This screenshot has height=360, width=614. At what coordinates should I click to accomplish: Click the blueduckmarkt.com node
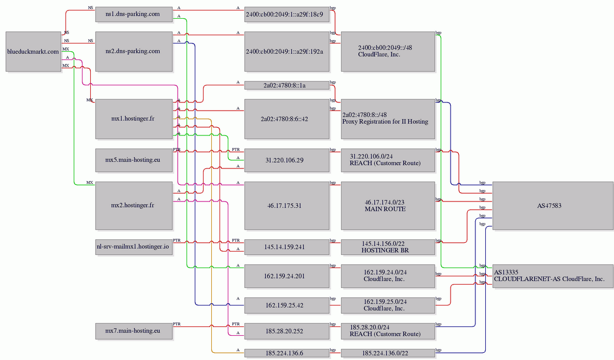pyautogui.click(x=33, y=52)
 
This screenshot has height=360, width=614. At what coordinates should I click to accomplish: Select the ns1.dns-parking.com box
pyautogui.click(x=134, y=14)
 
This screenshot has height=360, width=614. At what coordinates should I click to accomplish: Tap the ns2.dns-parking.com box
pyautogui.click(x=134, y=51)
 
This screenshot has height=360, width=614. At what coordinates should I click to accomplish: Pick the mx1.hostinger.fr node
pyautogui.click(x=134, y=119)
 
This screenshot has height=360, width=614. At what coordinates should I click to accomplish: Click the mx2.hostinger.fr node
pyautogui.click(x=134, y=205)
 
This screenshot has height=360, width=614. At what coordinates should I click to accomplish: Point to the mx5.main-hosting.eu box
pyautogui.click(x=134, y=160)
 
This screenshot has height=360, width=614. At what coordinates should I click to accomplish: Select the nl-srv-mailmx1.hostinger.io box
pyautogui.click(x=134, y=247)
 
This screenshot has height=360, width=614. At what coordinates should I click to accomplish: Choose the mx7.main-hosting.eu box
pyautogui.click(x=134, y=331)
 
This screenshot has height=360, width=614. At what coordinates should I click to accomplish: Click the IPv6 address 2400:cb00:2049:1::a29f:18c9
pyautogui.click(x=287, y=14)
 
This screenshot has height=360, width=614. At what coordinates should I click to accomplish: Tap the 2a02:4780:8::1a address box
pyautogui.click(x=287, y=85)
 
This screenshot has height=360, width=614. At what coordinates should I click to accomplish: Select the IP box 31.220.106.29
pyautogui.click(x=287, y=160)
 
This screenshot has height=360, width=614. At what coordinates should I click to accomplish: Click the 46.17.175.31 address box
pyautogui.click(x=287, y=205)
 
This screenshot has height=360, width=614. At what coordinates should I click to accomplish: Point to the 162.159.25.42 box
pyautogui.click(x=287, y=306)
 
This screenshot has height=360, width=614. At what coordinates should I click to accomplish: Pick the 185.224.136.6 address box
pyautogui.click(x=287, y=353)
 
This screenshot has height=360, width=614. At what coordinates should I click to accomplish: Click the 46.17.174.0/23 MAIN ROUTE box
pyautogui.click(x=388, y=205)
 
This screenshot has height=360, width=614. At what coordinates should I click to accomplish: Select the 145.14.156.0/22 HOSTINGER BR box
pyautogui.click(x=388, y=247)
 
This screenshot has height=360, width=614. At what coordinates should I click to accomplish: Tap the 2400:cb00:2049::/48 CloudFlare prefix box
pyautogui.click(x=388, y=51)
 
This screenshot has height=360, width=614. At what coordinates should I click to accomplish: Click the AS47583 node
pyautogui.click(x=552, y=205)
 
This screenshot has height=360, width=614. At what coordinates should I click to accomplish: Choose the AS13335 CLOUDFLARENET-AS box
pyautogui.click(x=552, y=276)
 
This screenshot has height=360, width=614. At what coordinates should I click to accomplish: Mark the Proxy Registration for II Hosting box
pyautogui.click(x=388, y=119)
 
